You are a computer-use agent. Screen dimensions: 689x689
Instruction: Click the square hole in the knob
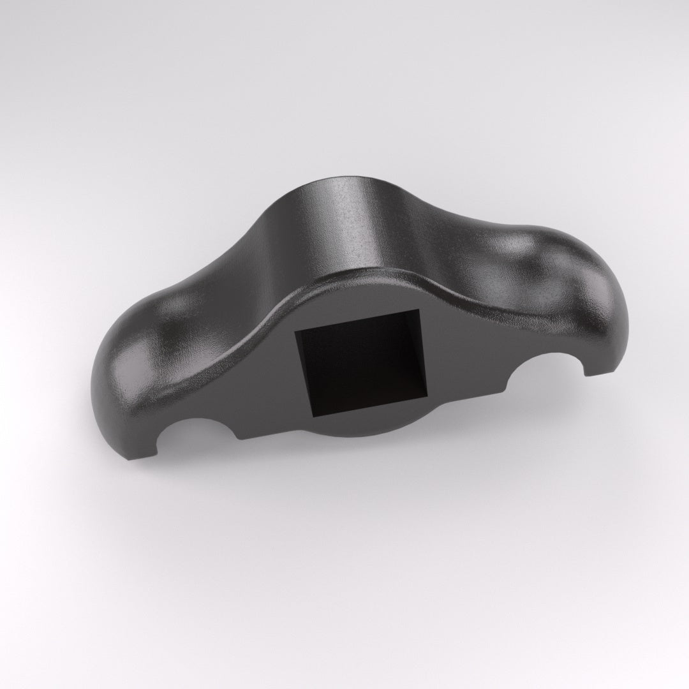click(x=354, y=364)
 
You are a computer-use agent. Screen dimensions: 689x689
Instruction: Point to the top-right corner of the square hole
click(x=420, y=310)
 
